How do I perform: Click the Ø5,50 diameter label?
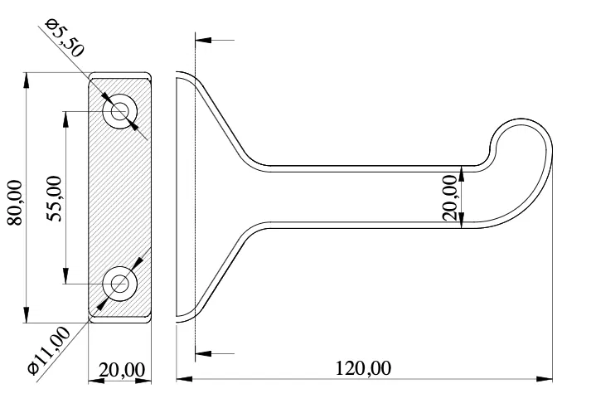coord(65,39)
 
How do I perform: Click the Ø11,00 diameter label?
coord(47,352)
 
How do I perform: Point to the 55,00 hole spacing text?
coord(54,199)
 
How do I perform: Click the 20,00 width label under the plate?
coord(122,369)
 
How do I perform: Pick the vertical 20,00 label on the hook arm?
coord(451,197)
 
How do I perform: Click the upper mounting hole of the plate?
coord(121,111)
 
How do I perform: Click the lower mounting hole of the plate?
coord(121,283)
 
